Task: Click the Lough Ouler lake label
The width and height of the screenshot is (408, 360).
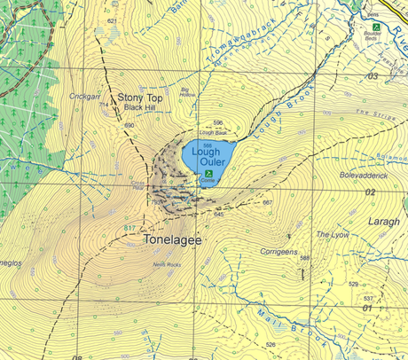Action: pos(206,157)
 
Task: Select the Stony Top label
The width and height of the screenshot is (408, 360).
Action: pos(141,93)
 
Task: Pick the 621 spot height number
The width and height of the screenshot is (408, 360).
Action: pos(112,20)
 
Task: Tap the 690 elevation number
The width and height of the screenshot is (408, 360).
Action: pos(129,126)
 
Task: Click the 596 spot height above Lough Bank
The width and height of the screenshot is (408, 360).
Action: pos(217,123)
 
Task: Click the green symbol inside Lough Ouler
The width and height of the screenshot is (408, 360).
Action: pos(209,175)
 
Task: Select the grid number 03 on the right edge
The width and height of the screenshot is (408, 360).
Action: pos(372,77)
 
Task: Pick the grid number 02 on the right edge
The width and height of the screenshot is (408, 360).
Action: pos(370,192)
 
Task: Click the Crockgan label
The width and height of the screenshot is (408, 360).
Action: pos(82,96)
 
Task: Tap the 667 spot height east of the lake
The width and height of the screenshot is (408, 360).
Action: pos(267,203)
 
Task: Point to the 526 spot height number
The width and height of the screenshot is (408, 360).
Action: pos(271,344)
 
